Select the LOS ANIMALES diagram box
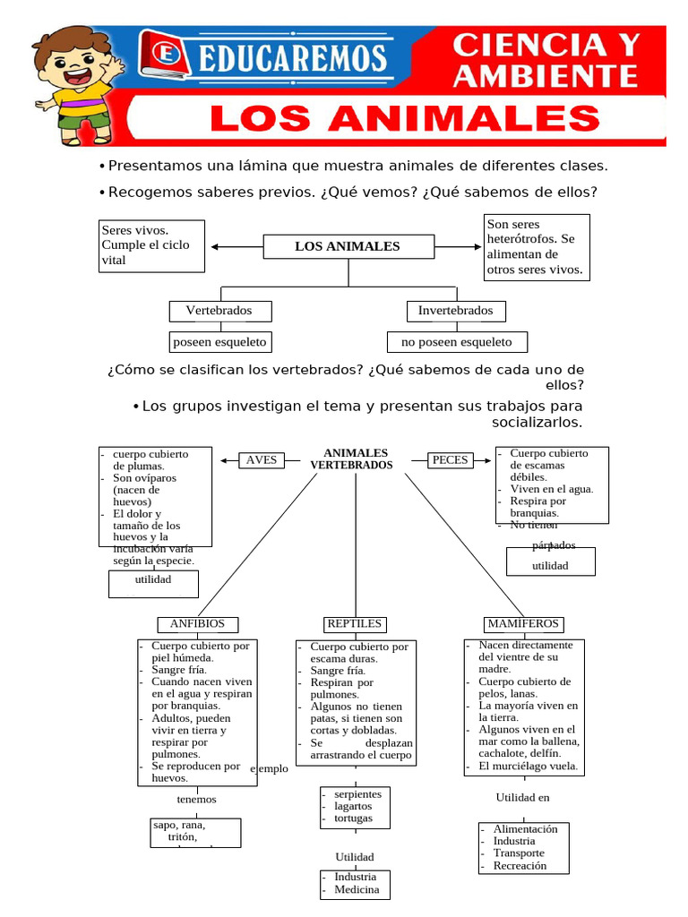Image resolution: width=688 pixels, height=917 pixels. (x=348, y=246)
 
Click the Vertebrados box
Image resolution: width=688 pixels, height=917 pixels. (x=219, y=311)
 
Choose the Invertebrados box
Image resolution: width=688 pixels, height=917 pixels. (x=455, y=311)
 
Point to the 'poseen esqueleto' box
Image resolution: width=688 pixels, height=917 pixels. (x=219, y=342)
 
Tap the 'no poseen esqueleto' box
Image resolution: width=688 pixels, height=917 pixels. (x=457, y=342)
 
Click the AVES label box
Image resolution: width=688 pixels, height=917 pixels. (x=261, y=460)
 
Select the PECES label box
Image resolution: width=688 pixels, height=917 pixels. (x=450, y=460)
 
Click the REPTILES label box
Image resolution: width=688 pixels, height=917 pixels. (x=354, y=624)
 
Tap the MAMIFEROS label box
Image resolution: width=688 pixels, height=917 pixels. (x=522, y=624)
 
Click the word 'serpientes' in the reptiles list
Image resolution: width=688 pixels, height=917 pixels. (x=357, y=794)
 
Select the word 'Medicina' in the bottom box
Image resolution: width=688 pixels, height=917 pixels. (x=357, y=889)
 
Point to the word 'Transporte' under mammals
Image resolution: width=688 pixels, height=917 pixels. (x=519, y=853)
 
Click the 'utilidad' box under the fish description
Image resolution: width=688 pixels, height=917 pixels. (x=550, y=566)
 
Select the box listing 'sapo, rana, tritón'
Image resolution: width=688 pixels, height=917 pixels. (x=195, y=832)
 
